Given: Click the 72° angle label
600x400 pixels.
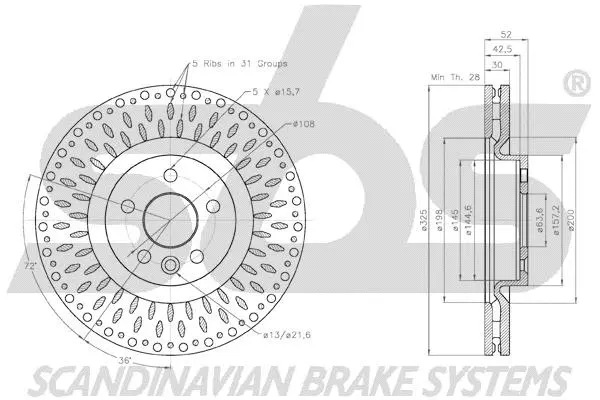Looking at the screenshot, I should (x=33, y=266).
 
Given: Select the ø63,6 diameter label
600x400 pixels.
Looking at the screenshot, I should (x=541, y=218).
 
